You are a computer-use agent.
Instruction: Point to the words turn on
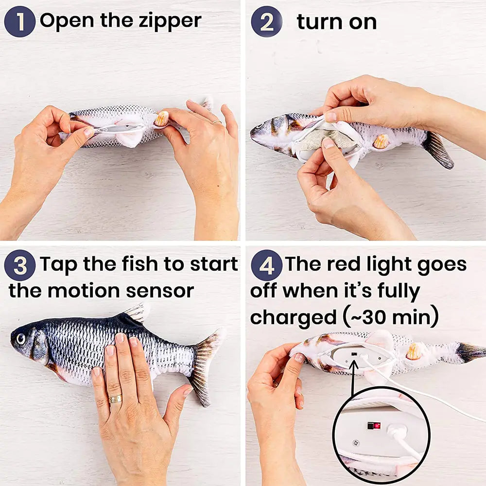coord(336,22)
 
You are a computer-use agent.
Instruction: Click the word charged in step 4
coord(292,317)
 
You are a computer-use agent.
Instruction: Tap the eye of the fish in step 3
coord(20,338)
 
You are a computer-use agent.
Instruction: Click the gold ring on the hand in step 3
coord(115,399)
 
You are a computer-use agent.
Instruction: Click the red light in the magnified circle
coord(375,426)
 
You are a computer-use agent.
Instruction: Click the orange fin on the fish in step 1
coord(161,118)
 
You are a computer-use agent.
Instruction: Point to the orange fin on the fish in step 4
coord(414,351)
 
